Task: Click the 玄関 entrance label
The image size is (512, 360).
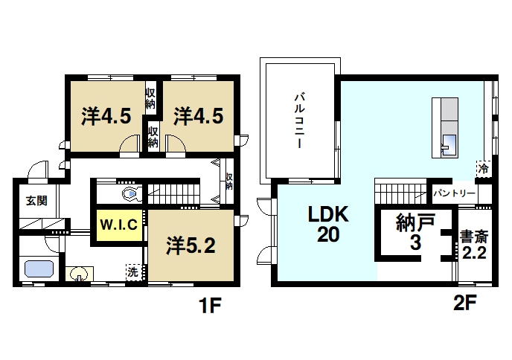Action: coord(36,200)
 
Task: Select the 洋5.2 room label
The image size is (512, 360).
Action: coord(191,245)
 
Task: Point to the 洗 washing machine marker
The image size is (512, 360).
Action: coord(133,271)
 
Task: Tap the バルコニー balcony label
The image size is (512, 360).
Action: coord(298,119)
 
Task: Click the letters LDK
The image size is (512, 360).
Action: coord(328,216)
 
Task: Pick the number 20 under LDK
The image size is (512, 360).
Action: coord(328,237)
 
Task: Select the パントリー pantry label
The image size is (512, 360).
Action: coord(454,193)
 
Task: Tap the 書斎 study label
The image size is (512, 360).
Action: coord(473,237)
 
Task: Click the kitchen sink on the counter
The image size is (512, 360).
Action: coord(447,145)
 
